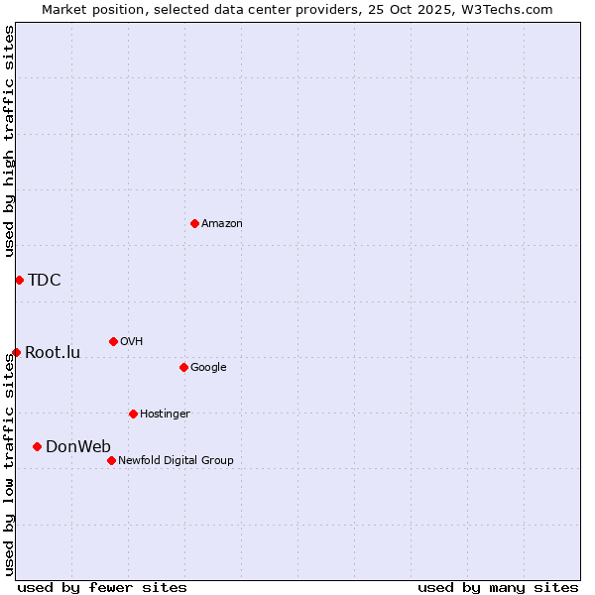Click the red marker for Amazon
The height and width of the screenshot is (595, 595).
[194, 223]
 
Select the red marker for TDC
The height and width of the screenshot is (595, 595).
[19, 280]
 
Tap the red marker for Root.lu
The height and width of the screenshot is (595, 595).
[16, 352]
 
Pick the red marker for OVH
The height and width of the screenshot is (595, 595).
[113, 341]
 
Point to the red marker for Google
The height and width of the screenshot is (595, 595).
[183, 367]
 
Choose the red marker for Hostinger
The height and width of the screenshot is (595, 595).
[133, 414]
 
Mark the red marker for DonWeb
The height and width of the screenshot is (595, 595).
[37, 446]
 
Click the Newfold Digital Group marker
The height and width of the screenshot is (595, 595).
[111, 460]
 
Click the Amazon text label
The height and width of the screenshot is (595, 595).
[222, 224]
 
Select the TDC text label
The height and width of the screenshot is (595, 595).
[45, 280]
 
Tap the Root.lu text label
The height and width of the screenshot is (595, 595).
[53, 352]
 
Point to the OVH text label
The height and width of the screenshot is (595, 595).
[132, 342]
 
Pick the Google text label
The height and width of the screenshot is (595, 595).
[208, 368]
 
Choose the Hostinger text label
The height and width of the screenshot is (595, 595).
[165, 415]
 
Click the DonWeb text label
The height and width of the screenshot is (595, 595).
[78, 446]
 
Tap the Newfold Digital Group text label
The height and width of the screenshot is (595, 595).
[176, 460]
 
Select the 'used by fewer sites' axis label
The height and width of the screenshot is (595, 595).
[102, 587]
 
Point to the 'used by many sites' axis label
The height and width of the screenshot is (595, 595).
[498, 587]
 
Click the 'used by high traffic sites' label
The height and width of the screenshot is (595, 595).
[9, 141]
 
